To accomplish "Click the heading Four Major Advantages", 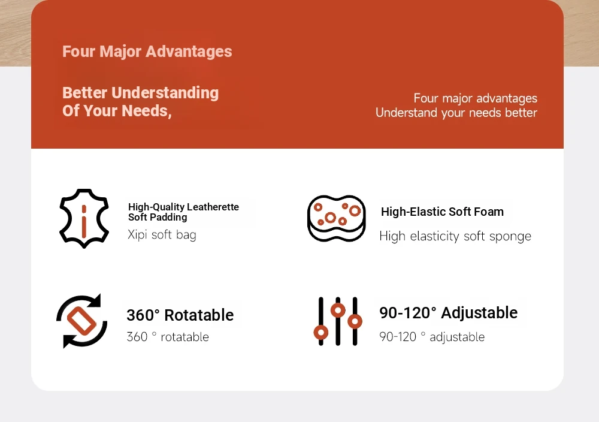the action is point(147,52).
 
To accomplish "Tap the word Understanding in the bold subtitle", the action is point(165,93).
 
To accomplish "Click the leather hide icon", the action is point(84,218).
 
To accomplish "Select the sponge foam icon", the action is point(337,218).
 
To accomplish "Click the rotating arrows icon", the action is point(81,321).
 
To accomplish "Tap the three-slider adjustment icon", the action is point(338,321).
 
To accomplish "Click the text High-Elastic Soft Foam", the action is point(442,212).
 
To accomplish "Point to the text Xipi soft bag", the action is point(162,235).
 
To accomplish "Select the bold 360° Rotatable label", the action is point(180,315).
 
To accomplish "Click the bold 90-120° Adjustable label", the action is point(449,313).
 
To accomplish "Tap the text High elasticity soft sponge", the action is point(455,236).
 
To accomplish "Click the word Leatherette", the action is point(213,207).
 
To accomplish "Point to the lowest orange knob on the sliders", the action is point(321,333).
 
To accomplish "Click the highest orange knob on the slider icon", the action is point(338,310).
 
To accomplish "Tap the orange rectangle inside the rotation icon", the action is point(81,321).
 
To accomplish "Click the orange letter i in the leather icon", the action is point(84,221).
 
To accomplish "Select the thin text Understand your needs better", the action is point(456,113).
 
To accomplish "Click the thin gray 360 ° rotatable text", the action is point(168,337).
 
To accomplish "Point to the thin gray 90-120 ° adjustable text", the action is point(432,337).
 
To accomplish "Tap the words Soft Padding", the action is point(158,217).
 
